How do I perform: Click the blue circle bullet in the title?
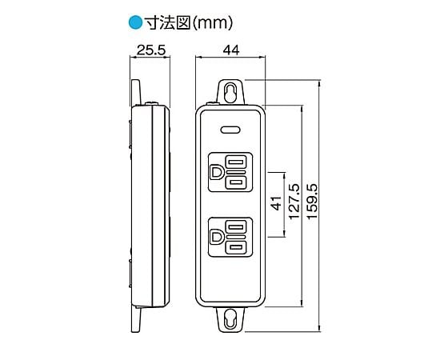[x=135, y=22]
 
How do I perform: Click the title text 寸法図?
[x=168, y=22]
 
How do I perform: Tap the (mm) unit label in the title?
[x=212, y=23]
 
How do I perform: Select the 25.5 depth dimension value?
[x=151, y=50]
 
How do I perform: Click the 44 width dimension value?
[x=231, y=50]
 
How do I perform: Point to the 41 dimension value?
[x=276, y=203]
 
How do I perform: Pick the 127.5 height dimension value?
[x=294, y=202]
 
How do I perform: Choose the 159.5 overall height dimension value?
[x=312, y=202]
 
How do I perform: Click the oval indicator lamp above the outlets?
[x=230, y=130]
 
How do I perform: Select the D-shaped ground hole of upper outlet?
[x=217, y=172]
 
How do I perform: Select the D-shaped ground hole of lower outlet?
[x=216, y=238]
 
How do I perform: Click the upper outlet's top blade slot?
[x=236, y=162]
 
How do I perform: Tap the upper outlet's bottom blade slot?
[x=236, y=183]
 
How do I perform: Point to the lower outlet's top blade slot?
[x=236, y=227]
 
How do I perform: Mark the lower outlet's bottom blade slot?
[x=236, y=248]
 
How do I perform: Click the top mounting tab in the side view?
[x=136, y=93]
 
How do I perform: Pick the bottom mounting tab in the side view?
[x=136, y=319]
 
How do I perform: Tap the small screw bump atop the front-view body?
[x=213, y=103]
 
